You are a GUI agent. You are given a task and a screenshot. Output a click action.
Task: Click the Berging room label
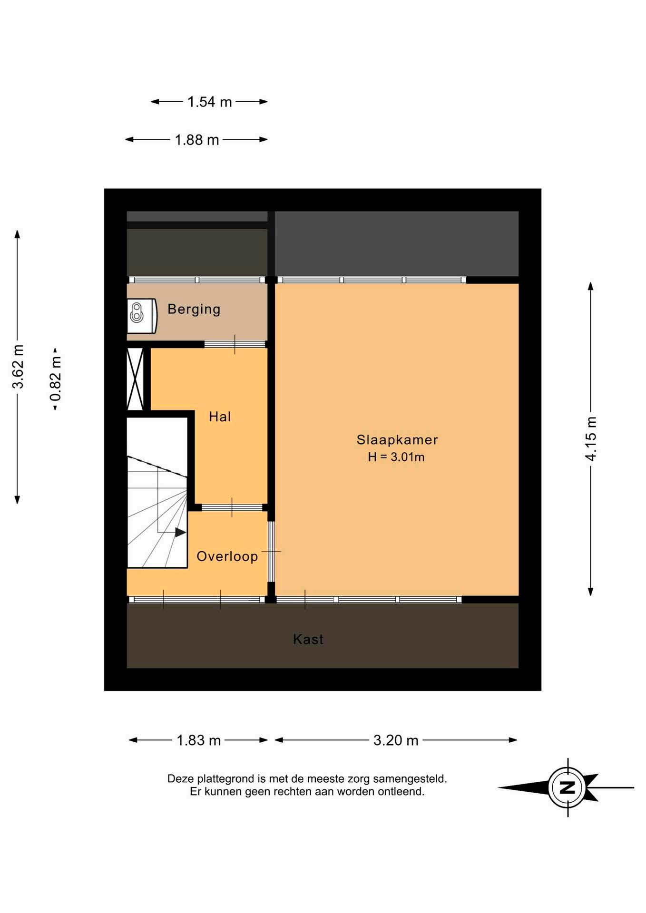point(194,309)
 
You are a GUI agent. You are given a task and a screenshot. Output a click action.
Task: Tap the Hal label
point(220,417)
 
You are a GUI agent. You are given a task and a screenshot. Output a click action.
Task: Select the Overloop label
point(227,556)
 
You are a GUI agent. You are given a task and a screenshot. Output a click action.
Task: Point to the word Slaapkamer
point(397,440)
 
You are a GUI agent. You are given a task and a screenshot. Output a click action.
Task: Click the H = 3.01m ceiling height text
point(396,457)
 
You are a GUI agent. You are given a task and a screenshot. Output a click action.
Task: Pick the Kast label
point(308,639)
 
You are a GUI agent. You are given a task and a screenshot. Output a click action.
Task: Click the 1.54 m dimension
point(209,102)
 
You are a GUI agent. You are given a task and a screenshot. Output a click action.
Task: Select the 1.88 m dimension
point(197,140)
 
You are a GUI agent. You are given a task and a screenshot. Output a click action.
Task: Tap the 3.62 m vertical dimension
point(18,367)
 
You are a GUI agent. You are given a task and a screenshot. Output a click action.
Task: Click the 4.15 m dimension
point(591,438)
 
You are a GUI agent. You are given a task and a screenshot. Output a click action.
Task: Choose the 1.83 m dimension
point(199,740)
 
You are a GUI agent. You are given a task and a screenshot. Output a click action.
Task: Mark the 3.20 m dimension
point(396,740)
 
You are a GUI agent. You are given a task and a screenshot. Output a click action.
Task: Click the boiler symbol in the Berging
point(137,313)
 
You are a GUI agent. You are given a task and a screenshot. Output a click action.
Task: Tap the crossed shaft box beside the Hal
point(135,379)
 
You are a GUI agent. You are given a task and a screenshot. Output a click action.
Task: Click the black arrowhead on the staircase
point(180,532)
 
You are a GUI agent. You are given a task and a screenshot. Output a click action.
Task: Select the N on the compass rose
point(568,787)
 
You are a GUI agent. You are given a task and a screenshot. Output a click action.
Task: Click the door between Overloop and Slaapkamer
point(271,552)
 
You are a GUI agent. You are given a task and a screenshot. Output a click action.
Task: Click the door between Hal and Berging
point(235,344)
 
